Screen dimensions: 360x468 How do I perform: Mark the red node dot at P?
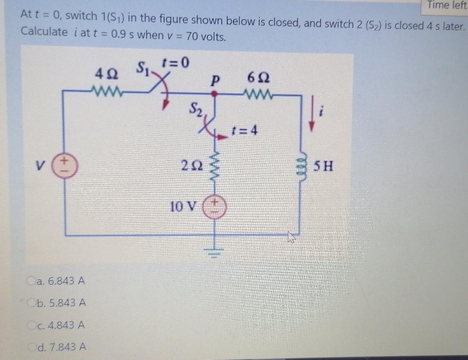pos(215,94)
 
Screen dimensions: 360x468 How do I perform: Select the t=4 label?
pos(245,130)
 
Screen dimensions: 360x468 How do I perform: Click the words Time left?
pos(446,6)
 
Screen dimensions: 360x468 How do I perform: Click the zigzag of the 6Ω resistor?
pos(259,94)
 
